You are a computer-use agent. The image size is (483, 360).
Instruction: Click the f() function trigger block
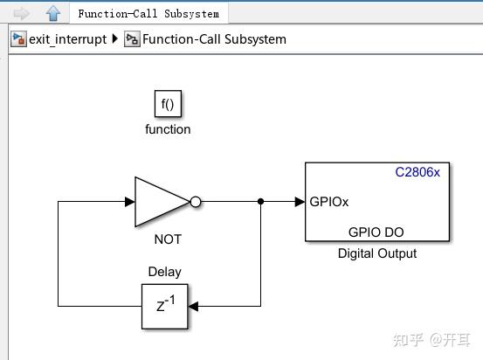point(168,104)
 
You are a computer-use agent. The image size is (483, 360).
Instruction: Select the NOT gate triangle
point(159,202)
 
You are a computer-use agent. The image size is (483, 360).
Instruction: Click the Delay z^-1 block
point(165,306)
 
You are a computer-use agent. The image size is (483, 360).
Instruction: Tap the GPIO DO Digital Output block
point(377,202)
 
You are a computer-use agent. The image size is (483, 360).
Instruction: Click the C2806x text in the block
point(417,172)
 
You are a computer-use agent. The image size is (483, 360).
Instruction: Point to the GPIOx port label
point(329,202)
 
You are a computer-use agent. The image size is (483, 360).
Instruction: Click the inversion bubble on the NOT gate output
point(196,202)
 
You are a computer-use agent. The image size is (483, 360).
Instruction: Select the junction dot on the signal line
point(261,202)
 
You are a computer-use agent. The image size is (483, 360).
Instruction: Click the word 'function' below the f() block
point(168,129)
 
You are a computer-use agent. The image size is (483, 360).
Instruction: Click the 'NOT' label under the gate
point(168,239)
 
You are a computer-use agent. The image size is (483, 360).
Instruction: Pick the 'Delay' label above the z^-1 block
point(165,272)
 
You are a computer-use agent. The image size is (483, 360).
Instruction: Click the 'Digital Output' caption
point(377,253)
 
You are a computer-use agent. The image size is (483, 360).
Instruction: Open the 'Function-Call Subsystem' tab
point(148,13)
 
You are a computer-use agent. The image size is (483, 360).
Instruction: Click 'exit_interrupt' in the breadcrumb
point(67,39)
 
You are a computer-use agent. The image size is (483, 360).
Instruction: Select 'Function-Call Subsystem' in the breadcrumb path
point(214,39)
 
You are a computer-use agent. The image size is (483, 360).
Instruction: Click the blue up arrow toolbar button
point(52,13)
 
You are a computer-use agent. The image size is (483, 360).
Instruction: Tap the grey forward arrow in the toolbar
point(22,13)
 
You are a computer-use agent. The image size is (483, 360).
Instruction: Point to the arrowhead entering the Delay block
point(194,306)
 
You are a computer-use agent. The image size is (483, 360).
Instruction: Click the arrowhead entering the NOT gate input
point(129,202)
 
